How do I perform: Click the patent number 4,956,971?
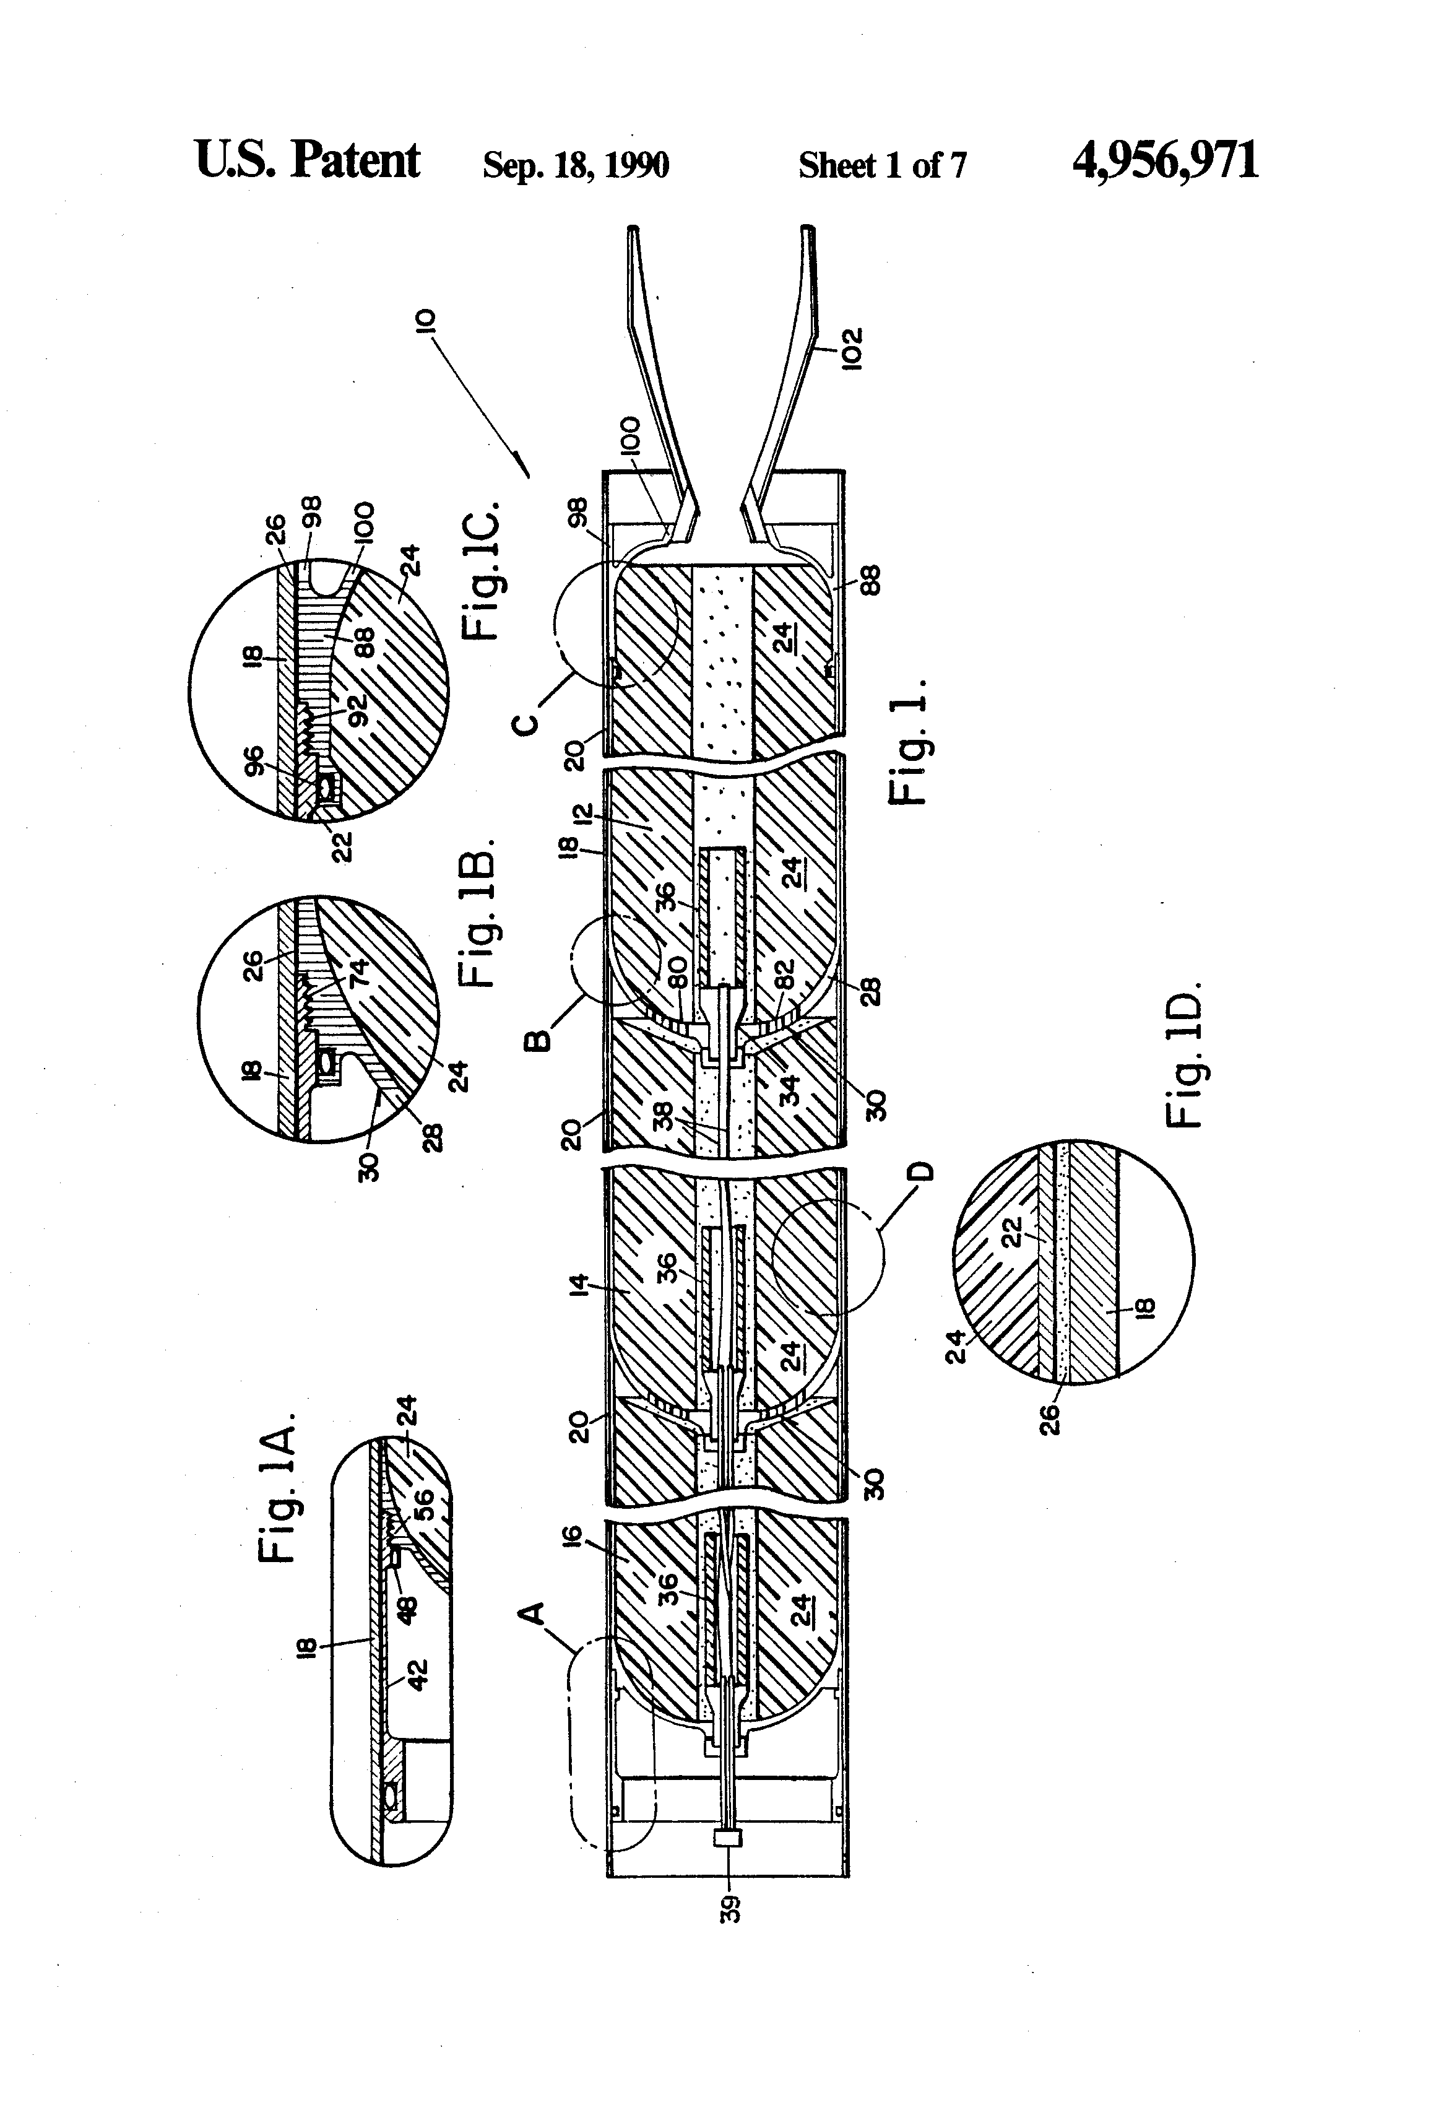tap(1165, 162)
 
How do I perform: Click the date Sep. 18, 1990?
tap(576, 165)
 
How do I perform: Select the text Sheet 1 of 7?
tap(881, 165)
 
